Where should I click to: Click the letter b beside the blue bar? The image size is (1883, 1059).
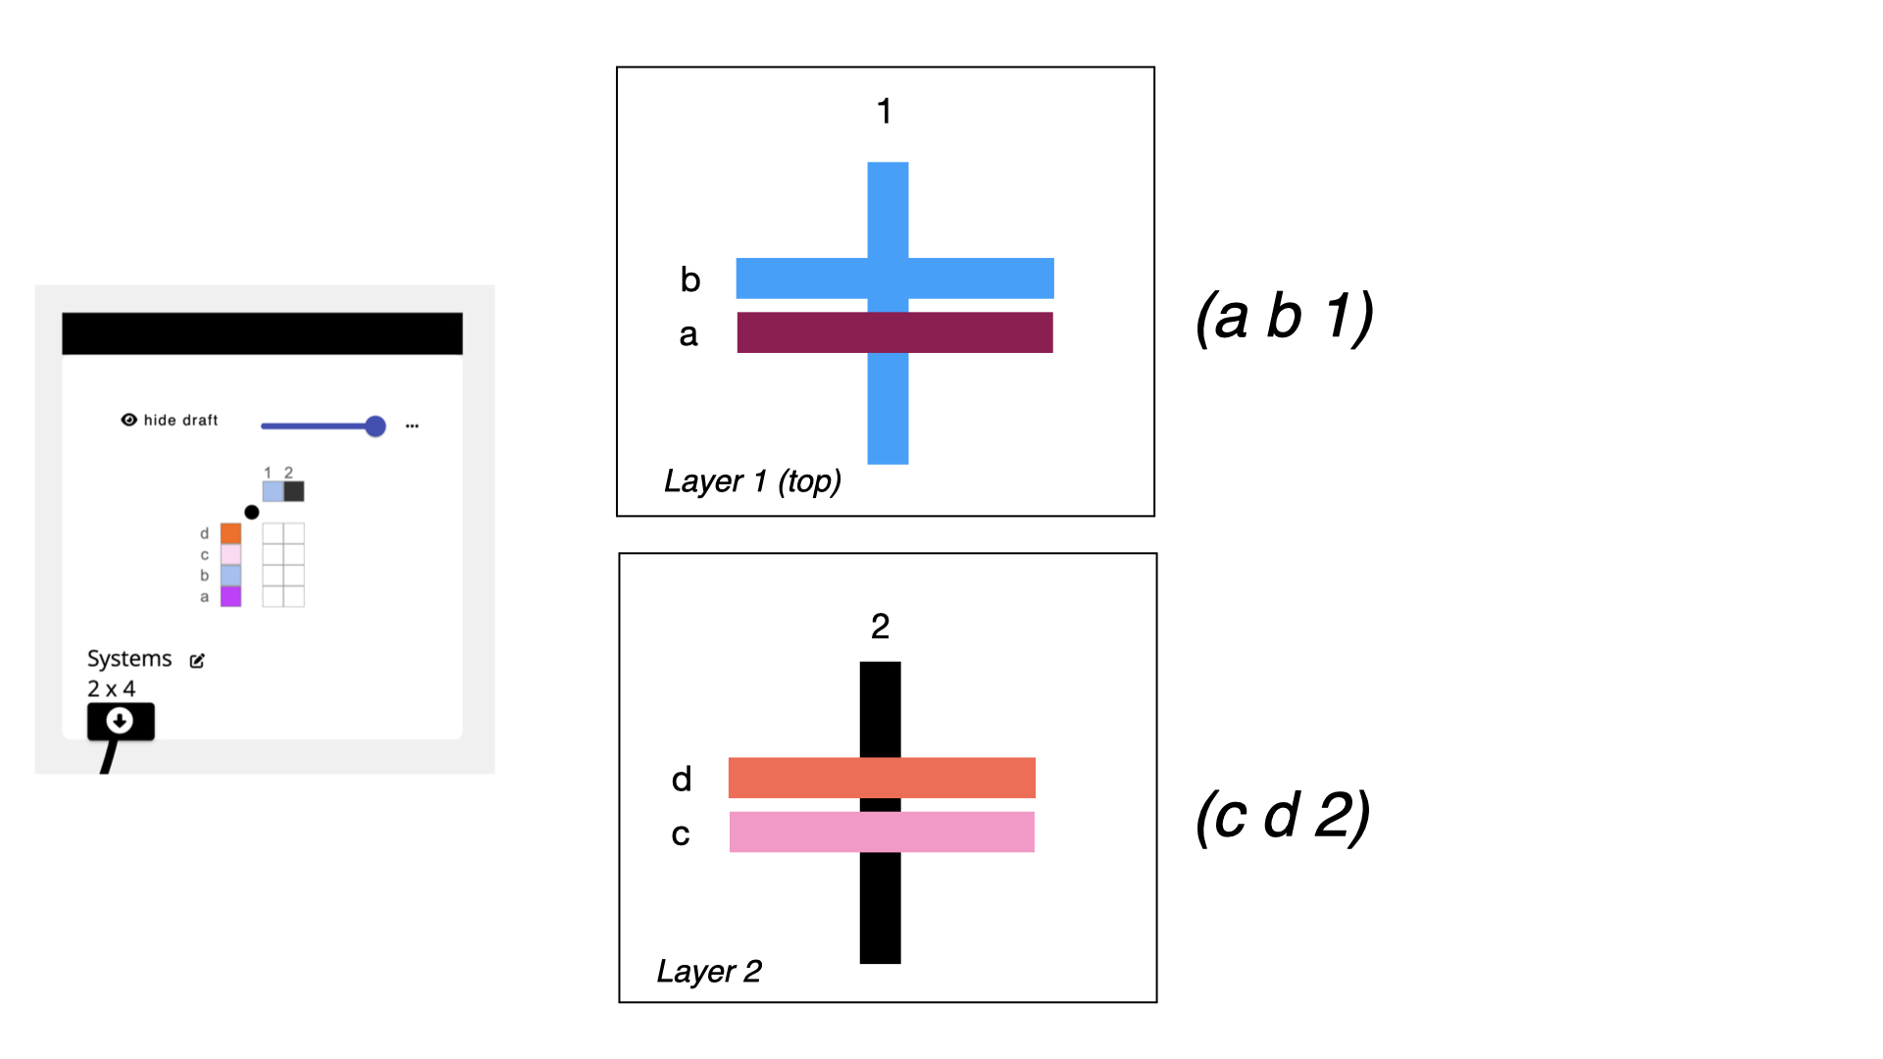pos(690,280)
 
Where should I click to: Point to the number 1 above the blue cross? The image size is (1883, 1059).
pos(884,112)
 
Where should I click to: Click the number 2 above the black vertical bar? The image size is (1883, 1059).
pos(880,627)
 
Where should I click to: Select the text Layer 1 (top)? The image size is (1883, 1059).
pos(752,481)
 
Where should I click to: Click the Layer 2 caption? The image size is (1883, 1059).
pos(709,972)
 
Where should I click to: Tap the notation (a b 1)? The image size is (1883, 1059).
pos(1284,318)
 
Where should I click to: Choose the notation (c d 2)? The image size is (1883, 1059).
pos(1283,816)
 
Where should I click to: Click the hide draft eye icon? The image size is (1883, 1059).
pos(128,420)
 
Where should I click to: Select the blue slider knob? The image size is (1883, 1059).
pos(375,426)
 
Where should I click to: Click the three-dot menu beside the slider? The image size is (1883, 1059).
pos(412,426)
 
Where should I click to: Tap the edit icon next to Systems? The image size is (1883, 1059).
pos(197,661)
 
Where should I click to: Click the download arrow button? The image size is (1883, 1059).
pos(120,721)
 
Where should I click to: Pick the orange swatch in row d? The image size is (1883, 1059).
pos(230,533)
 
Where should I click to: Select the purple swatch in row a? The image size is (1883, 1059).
pos(230,596)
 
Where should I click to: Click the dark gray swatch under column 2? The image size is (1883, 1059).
pos(294,491)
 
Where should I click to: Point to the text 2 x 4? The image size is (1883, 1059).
pos(111,688)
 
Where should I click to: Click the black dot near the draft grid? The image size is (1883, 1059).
pos(252,512)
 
